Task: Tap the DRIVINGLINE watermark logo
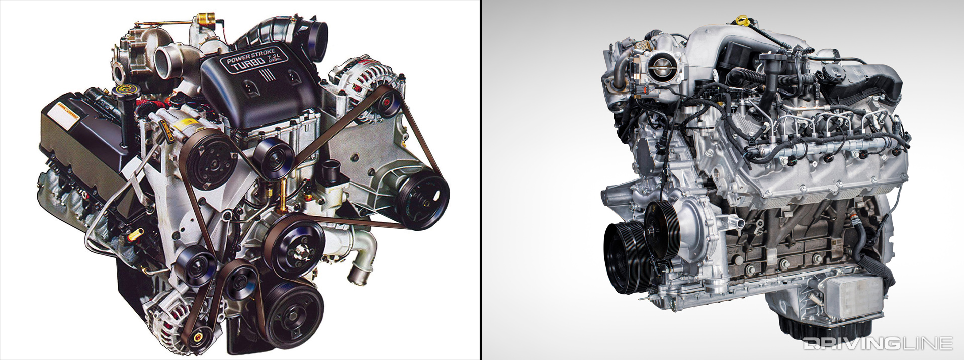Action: [x=877, y=343]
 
